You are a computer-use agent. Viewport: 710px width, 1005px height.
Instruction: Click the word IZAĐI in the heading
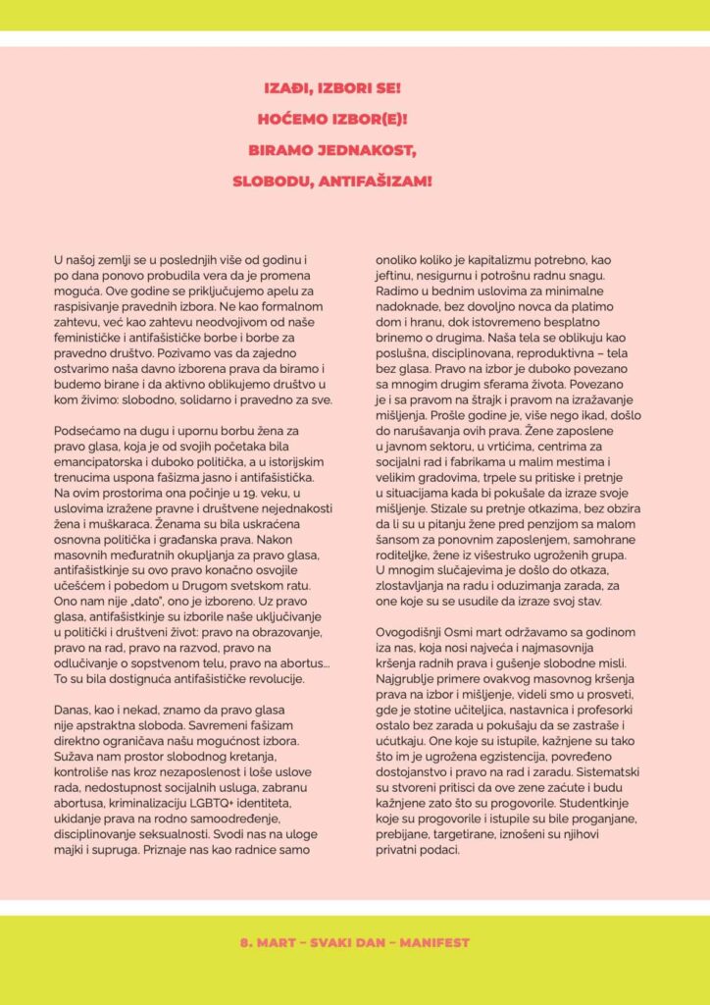286,87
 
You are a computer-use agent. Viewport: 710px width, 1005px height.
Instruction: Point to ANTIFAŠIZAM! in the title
377,182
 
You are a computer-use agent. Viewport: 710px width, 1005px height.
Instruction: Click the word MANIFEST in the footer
434,942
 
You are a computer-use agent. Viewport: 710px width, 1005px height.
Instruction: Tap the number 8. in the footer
246,942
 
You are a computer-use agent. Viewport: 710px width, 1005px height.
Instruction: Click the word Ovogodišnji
417,634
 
